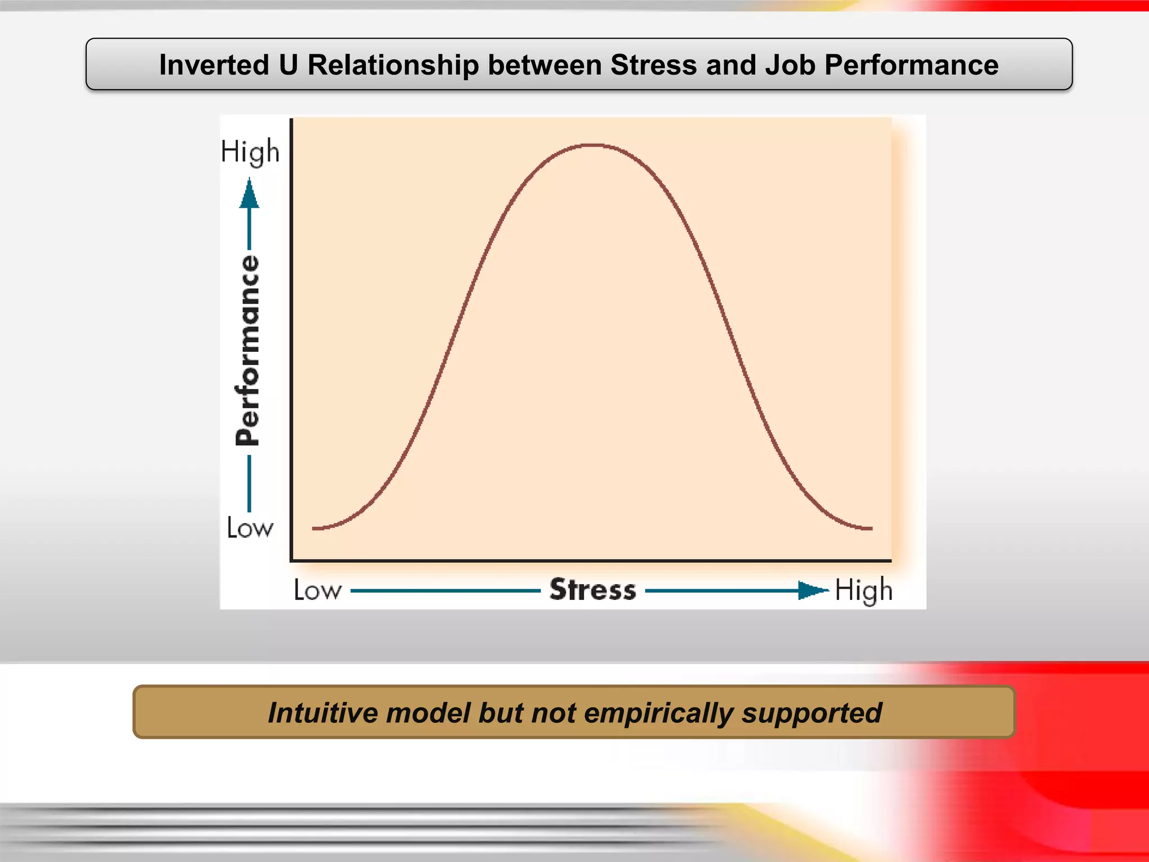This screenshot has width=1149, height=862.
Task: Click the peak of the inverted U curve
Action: [x=592, y=145]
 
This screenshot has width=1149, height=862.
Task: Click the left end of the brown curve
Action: [x=314, y=528]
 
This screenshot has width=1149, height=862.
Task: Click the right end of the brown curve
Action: [x=871, y=528]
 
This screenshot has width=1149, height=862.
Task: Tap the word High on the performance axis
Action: [x=250, y=152]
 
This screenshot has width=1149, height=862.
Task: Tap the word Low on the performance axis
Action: [x=250, y=528]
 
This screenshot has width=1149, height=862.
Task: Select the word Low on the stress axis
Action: [x=318, y=590]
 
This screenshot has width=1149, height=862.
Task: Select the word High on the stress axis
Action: [x=863, y=590]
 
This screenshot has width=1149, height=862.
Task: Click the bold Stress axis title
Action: [x=592, y=590]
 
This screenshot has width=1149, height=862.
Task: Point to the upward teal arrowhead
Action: [x=249, y=194]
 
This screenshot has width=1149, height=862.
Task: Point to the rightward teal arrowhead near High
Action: [x=812, y=590]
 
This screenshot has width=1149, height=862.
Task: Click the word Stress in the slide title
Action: [x=654, y=65]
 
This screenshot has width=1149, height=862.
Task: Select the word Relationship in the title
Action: [x=393, y=65]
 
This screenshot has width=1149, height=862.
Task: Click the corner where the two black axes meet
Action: [x=291, y=560]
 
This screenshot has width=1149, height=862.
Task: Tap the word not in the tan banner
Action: [x=553, y=713]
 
